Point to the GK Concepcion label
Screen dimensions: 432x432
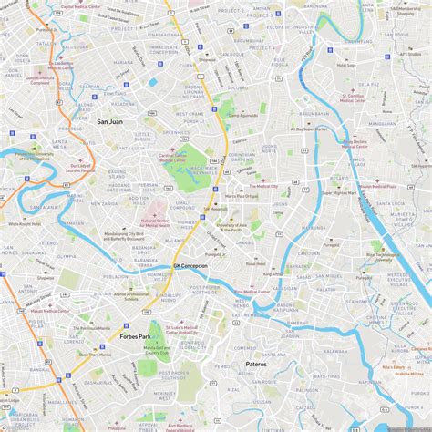click(x=190, y=266)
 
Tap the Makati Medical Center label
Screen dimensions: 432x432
click(x=35, y=311)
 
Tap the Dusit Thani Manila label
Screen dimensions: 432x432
click(x=94, y=354)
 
